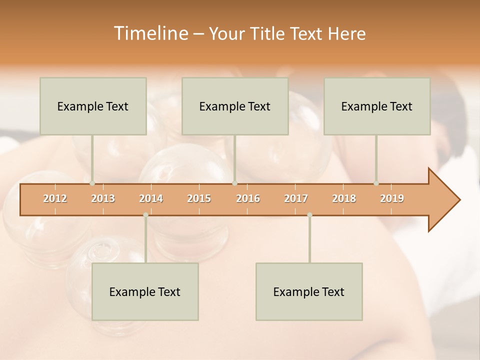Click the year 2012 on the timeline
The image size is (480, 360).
pos(55,198)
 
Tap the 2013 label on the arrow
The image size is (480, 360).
pos(103,198)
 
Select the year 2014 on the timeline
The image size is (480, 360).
pos(151,198)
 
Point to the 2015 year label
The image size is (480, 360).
pos(199,198)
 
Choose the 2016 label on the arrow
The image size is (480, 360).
pos(248,198)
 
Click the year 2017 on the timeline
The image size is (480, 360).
pos(296,198)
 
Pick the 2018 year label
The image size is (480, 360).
pos(344,198)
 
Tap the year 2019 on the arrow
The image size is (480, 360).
pos(392,198)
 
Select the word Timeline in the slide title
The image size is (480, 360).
pos(150,33)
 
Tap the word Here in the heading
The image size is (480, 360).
pos(346,33)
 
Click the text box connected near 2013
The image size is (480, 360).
pos(93,106)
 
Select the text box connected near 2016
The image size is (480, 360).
pos(235,106)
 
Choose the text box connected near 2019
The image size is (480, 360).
pos(377,106)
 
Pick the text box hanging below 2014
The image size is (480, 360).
pos(145,291)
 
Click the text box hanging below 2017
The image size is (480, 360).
pos(309,291)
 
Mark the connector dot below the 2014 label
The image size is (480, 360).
pos(145,215)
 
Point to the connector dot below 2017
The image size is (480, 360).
pos(309,215)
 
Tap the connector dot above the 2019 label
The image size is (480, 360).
pos(376,183)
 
